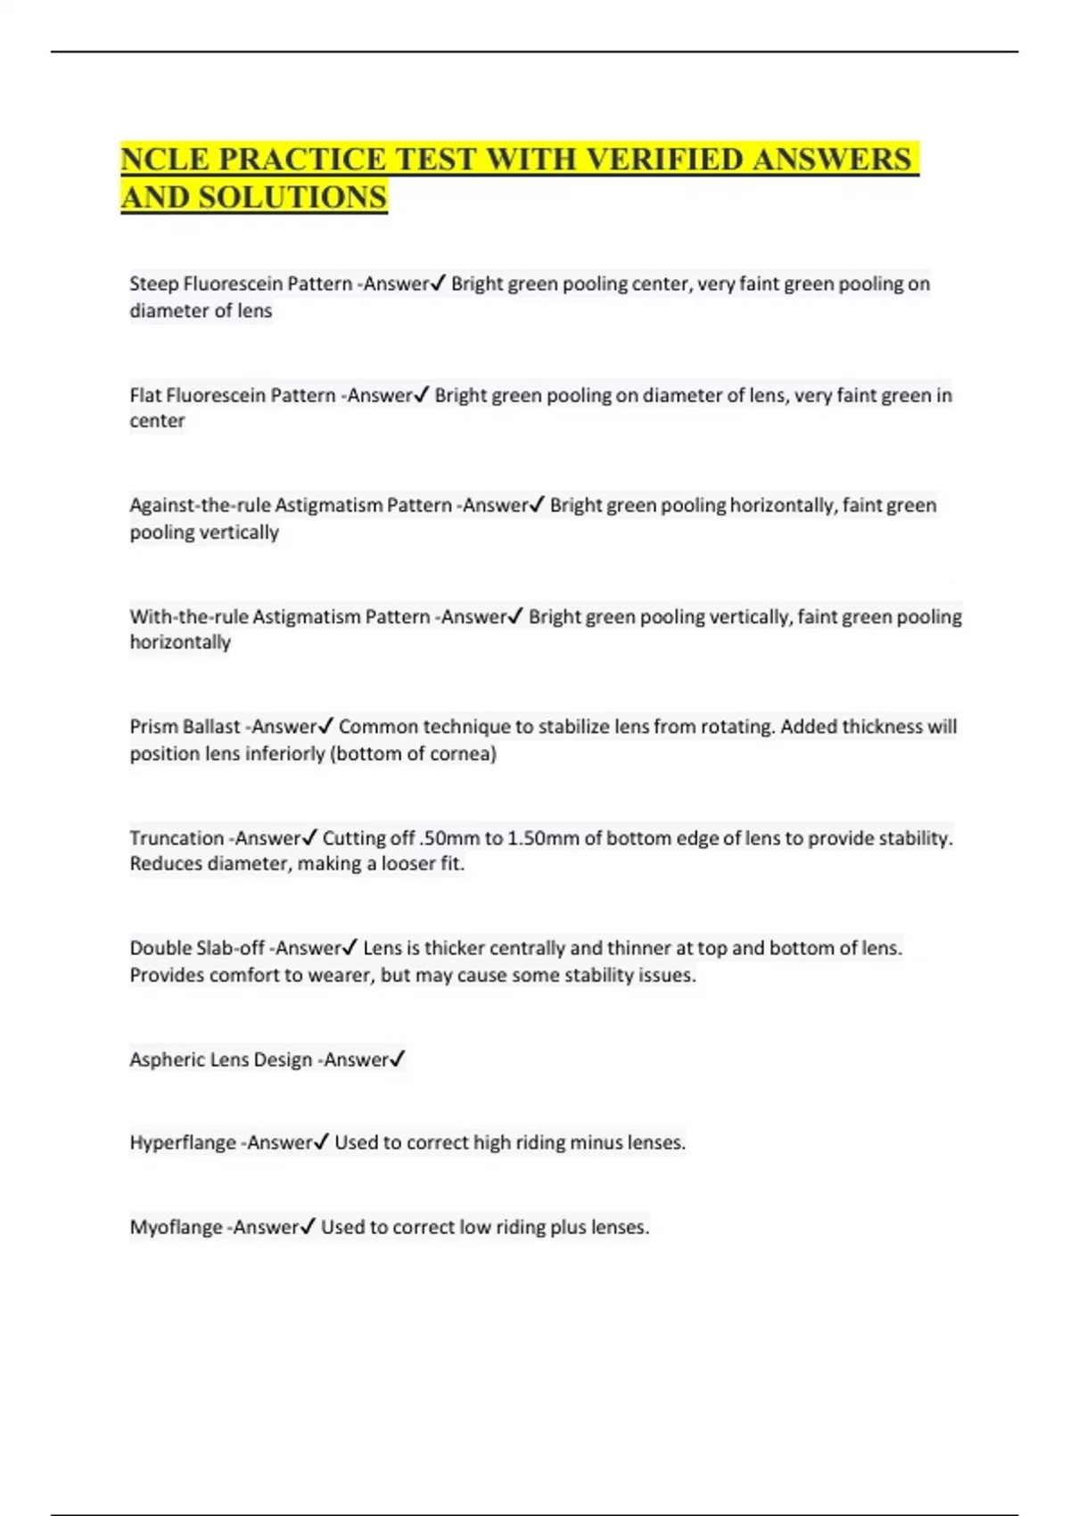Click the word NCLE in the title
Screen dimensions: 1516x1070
coord(165,160)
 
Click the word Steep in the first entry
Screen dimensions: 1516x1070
coord(153,284)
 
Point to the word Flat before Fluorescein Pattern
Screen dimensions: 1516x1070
coord(145,395)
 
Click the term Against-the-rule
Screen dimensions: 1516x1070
coord(200,506)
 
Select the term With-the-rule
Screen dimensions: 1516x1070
coord(188,616)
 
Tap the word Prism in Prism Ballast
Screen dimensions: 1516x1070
coord(153,727)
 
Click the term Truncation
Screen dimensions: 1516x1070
coord(177,838)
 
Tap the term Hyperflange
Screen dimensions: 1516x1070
coord(182,1142)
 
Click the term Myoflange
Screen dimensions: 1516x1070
coord(176,1227)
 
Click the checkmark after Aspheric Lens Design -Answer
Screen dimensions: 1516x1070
coord(398,1059)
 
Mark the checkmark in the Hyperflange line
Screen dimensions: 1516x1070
coord(321,1141)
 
